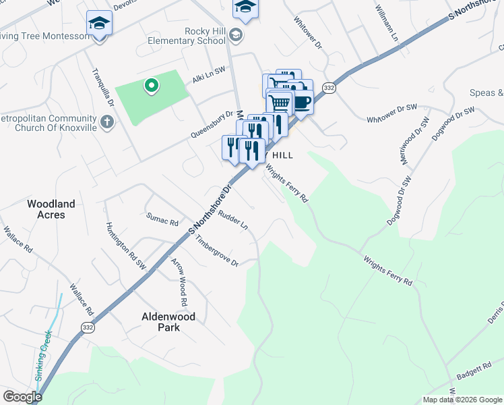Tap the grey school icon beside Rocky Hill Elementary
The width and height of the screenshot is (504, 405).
(x=235, y=34)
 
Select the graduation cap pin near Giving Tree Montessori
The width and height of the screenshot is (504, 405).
(x=99, y=24)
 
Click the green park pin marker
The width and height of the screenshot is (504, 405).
(x=152, y=85)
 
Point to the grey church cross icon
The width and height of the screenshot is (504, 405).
(x=106, y=122)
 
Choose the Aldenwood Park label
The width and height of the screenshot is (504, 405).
(x=168, y=321)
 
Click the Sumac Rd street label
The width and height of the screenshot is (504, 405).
(x=162, y=219)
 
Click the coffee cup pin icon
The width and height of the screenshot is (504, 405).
(x=301, y=103)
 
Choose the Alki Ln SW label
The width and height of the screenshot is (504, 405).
(x=208, y=78)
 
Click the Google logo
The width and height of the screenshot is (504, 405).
(x=22, y=397)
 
